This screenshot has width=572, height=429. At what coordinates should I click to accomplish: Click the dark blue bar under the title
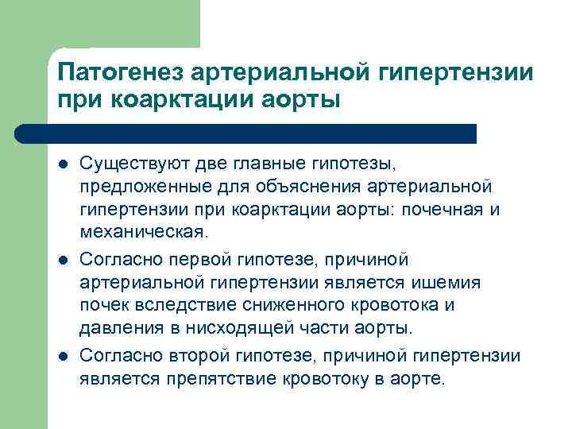click(x=262, y=133)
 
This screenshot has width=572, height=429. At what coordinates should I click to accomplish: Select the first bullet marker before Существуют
click(x=62, y=164)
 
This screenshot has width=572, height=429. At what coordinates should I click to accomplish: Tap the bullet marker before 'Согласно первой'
click(x=62, y=259)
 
